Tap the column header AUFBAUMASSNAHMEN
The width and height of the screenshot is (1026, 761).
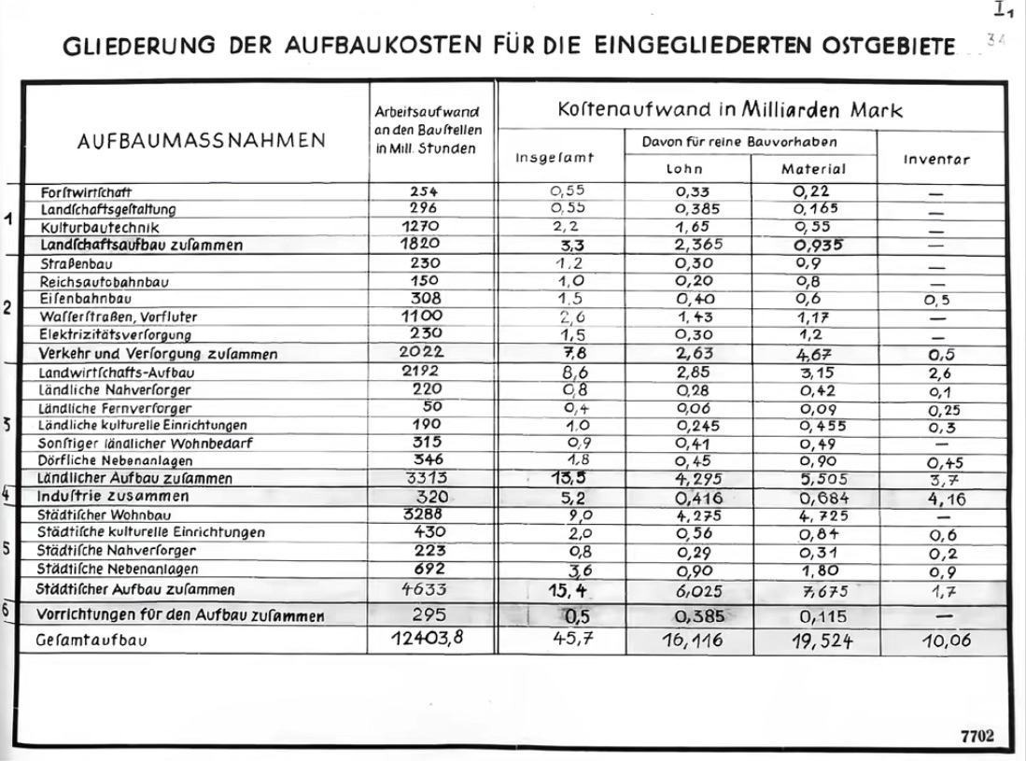point(202,141)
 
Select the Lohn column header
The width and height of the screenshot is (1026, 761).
point(683,170)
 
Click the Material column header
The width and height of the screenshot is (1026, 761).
point(812,170)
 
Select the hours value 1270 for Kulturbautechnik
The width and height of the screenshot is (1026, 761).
point(424,227)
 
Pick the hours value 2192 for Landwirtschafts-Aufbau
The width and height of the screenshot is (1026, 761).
point(424,372)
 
